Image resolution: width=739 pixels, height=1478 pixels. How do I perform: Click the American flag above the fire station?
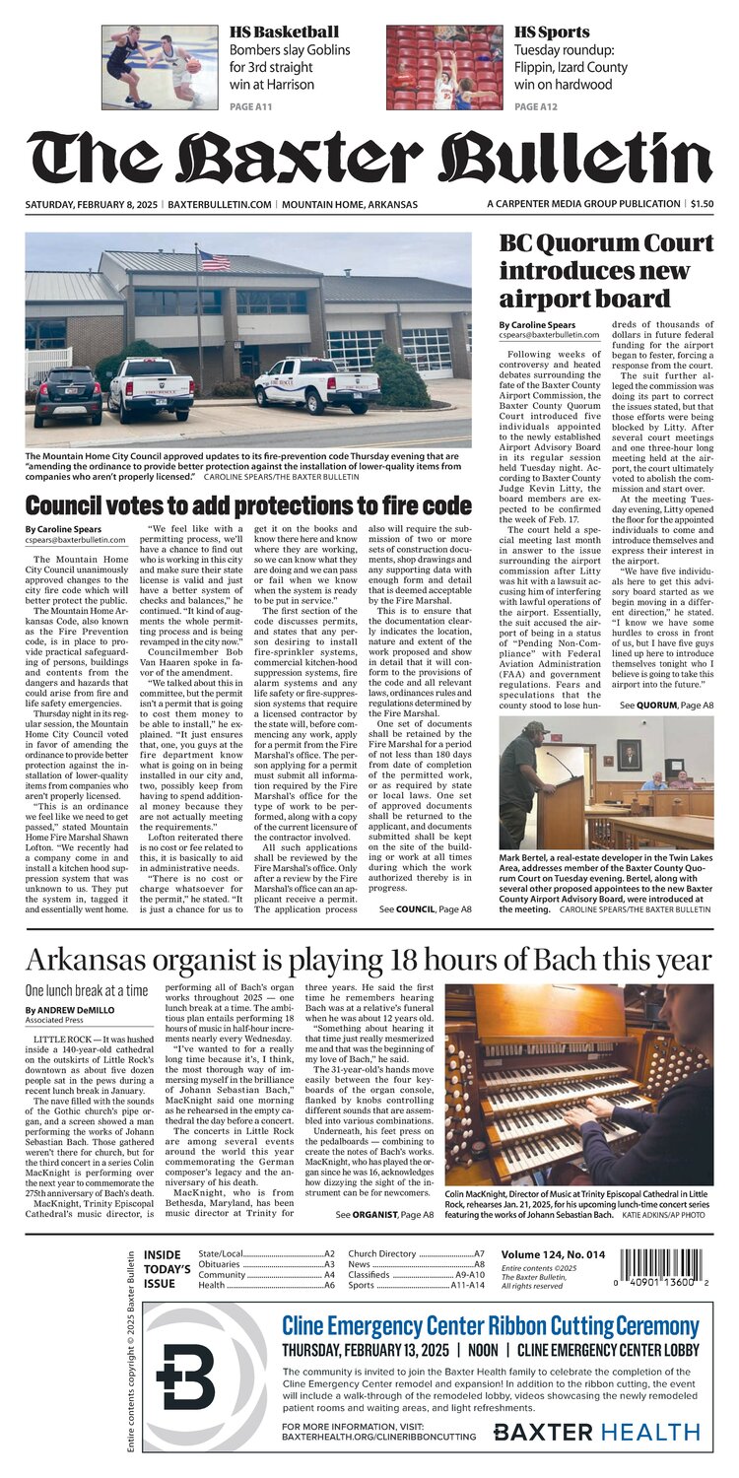[214, 260]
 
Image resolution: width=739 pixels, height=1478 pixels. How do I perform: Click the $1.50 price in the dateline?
[701, 204]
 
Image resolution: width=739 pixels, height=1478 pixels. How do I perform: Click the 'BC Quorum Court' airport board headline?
[606, 270]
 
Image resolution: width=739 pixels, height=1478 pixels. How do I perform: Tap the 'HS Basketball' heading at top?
[284, 32]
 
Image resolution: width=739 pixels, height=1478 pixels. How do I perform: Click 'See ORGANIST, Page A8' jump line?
[384, 1216]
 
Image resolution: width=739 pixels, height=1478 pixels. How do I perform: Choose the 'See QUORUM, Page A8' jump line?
[666, 705]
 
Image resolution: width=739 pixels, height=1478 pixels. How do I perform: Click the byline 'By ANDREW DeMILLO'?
[73, 1010]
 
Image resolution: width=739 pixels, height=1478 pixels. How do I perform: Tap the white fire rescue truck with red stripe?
[316, 383]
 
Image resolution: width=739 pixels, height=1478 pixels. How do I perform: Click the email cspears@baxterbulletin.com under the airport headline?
[549, 335]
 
